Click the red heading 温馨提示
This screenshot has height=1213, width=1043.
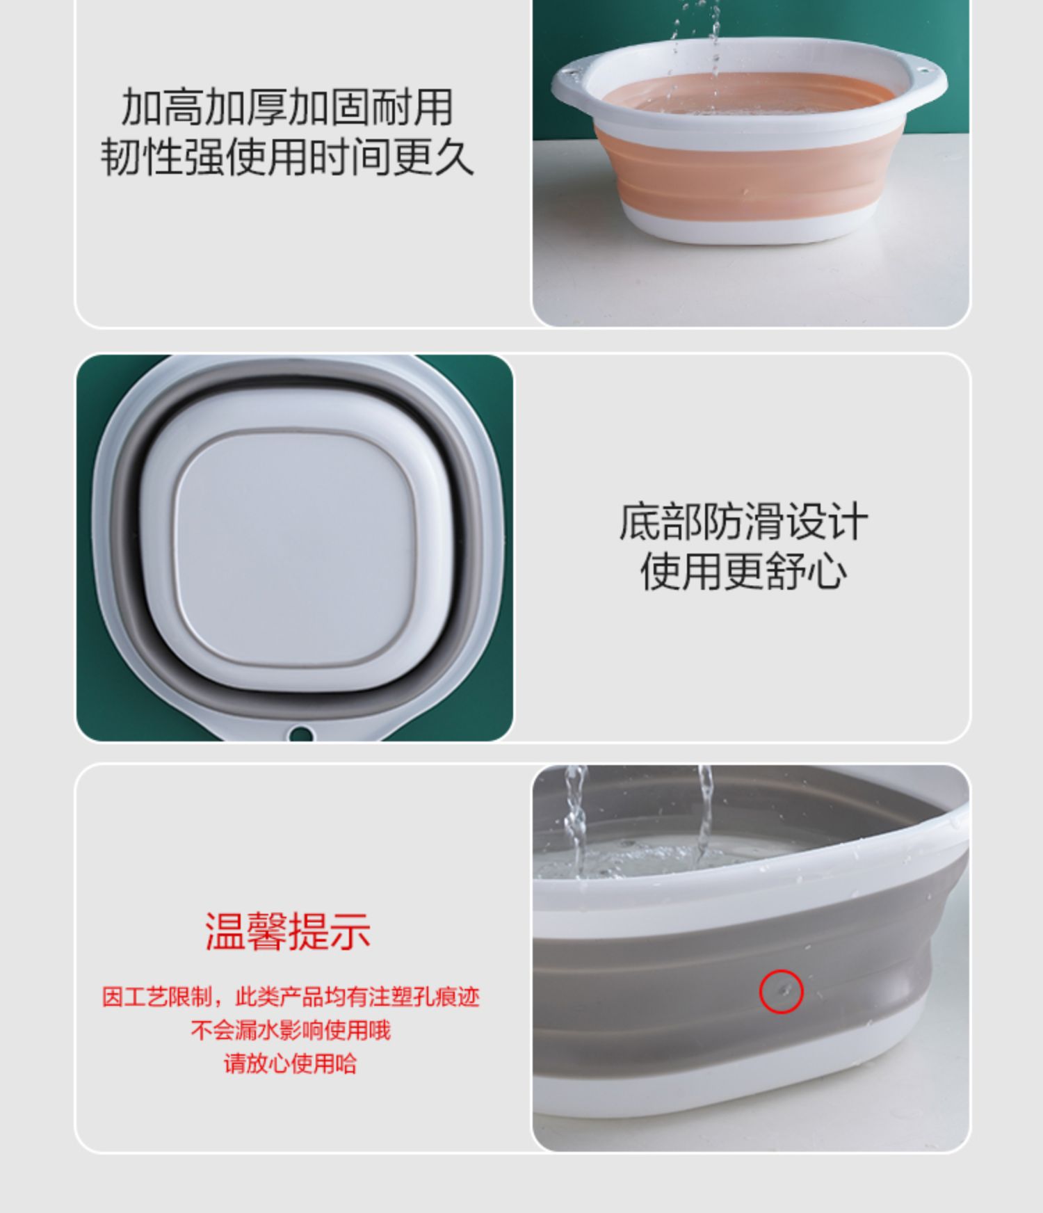pyautogui.click(x=287, y=931)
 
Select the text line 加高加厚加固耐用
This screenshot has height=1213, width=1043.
pyautogui.click(x=287, y=106)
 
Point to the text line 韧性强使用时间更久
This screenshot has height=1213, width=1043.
pyautogui.click(x=287, y=156)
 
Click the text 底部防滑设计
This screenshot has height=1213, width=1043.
pyautogui.click(x=743, y=522)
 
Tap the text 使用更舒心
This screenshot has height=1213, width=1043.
pyautogui.click(x=743, y=572)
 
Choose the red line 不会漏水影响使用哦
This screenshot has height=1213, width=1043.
pyautogui.click(x=291, y=1030)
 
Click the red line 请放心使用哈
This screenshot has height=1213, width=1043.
pyautogui.click(x=291, y=1063)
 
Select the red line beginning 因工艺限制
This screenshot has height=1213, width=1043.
pyautogui.click(x=291, y=997)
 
